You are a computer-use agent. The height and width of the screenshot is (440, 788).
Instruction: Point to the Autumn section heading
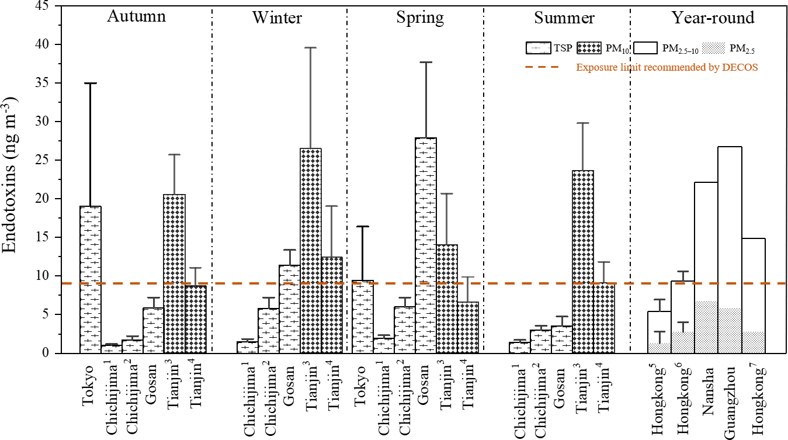pyautogui.click(x=137, y=16)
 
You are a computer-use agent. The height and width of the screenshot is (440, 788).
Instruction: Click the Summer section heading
pyautogui.click(x=564, y=18)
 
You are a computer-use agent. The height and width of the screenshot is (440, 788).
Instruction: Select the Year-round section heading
pyautogui.click(x=713, y=18)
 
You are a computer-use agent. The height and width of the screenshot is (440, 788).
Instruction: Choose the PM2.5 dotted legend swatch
pyautogui.click(x=713, y=48)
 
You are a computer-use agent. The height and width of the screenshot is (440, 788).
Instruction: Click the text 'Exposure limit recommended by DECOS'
pyautogui.click(x=667, y=67)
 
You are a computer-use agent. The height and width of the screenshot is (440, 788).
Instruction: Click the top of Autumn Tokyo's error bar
pyautogui.click(x=91, y=83)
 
